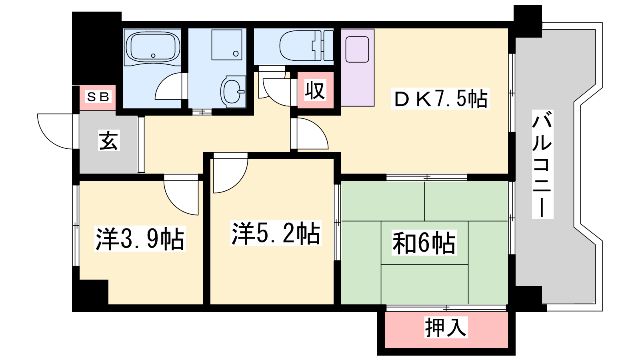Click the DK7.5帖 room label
(440, 98)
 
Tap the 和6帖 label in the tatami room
(424, 242)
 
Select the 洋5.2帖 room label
(276, 233)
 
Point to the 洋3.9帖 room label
(140, 238)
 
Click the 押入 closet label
(446, 328)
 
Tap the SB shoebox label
(98, 97)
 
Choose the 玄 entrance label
(108, 140)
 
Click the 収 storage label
(315, 90)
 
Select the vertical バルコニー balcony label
(542, 164)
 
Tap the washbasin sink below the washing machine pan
(234, 92)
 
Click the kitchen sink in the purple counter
(357, 50)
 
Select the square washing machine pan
(227, 44)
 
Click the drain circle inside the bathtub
(153, 56)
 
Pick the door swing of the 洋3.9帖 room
(176, 203)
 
